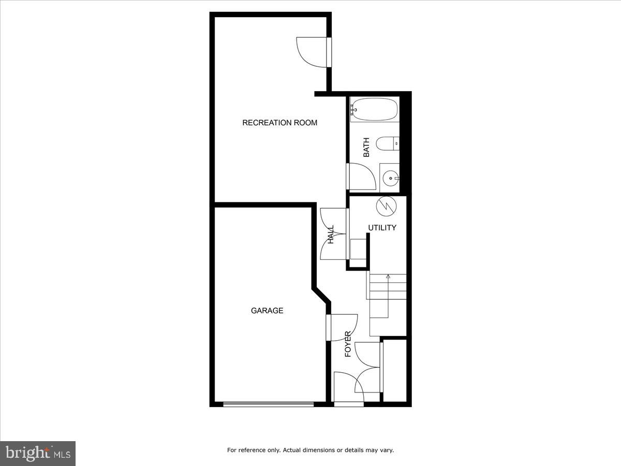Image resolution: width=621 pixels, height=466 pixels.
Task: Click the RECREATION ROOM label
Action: pyautogui.click(x=279, y=123)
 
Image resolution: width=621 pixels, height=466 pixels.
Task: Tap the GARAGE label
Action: pyautogui.click(x=267, y=311)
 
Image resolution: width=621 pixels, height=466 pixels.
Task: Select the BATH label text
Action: pyautogui.click(x=366, y=147)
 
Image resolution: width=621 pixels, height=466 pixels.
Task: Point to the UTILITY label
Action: pyautogui.click(x=382, y=227)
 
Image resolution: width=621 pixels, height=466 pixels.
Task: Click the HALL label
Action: pyautogui.click(x=331, y=235)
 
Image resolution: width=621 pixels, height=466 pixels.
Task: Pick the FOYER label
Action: pyautogui.click(x=348, y=344)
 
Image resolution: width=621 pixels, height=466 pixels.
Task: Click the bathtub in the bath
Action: pyautogui.click(x=374, y=109)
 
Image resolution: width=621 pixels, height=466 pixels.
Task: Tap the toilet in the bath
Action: pyautogui.click(x=387, y=143)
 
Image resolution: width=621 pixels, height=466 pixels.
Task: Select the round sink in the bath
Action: pyautogui.click(x=389, y=178)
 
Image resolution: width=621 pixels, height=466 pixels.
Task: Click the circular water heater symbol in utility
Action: pyautogui.click(x=386, y=206)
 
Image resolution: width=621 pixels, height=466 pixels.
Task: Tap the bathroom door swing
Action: pyautogui.click(x=361, y=177)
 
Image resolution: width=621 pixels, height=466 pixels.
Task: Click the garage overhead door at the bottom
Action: pyautogui.click(x=268, y=404)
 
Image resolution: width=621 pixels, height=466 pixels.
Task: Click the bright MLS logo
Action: pyautogui.click(x=38, y=453)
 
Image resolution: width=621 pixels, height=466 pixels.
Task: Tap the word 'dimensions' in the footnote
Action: pyautogui.click(x=318, y=450)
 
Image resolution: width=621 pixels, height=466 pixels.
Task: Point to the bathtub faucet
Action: pyautogui.click(x=353, y=109)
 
